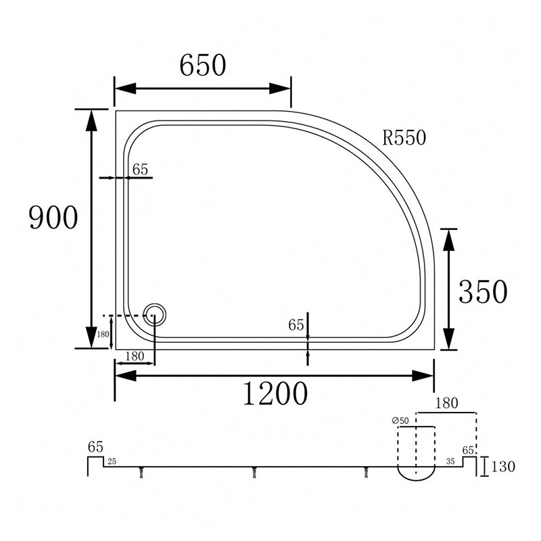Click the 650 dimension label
click(203, 65)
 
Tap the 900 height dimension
click(53, 217)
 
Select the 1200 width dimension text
click(275, 394)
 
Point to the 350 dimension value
click(483, 291)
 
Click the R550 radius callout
click(404, 137)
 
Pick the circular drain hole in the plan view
click(155, 314)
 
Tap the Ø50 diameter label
click(400, 421)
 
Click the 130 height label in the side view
click(503, 467)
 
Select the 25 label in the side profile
click(112, 461)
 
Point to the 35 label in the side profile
click(450, 461)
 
